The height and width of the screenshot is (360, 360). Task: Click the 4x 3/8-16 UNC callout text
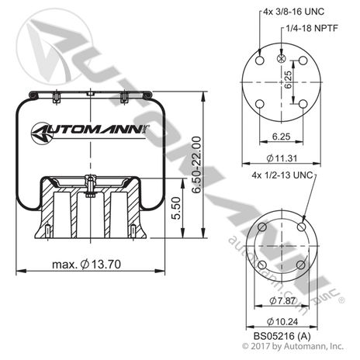[x=293, y=12]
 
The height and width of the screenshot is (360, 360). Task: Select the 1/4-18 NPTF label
[x=312, y=28]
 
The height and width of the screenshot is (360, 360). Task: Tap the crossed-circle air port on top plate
[x=281, y=58]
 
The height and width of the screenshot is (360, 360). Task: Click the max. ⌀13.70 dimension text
[x=86, y=265]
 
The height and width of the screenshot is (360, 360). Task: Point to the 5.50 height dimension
[x=176, y=208]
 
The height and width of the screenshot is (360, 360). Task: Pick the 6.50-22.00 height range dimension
[x=196, y=164]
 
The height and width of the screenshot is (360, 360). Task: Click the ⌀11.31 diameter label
[x=282, y=158]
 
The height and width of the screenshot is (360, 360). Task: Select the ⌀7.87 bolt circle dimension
[x=282, y=300]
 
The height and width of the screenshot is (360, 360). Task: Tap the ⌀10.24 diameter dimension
[x=282, y=321]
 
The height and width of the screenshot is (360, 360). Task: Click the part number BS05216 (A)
[x=282, y=336]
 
